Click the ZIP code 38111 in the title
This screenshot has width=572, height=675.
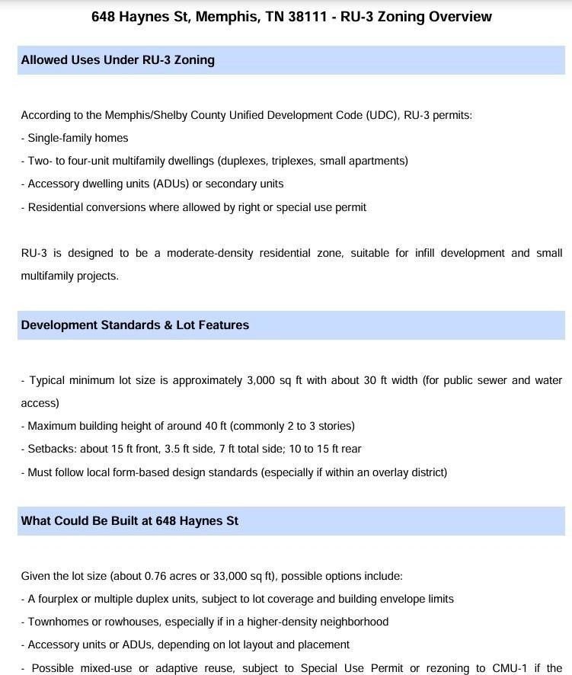click(x=308, y=16)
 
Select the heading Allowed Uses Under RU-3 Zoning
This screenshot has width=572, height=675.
click(x=117, y=59)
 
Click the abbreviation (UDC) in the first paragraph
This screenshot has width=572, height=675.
click(x=381, y=115)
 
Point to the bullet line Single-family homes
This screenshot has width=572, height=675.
click(x=78, y=138)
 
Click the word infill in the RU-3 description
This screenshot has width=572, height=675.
click(x=424, y=253)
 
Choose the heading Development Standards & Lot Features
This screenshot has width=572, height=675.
click(x=135, y=325)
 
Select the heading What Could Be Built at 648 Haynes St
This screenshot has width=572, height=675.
click(x=129, y=520)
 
